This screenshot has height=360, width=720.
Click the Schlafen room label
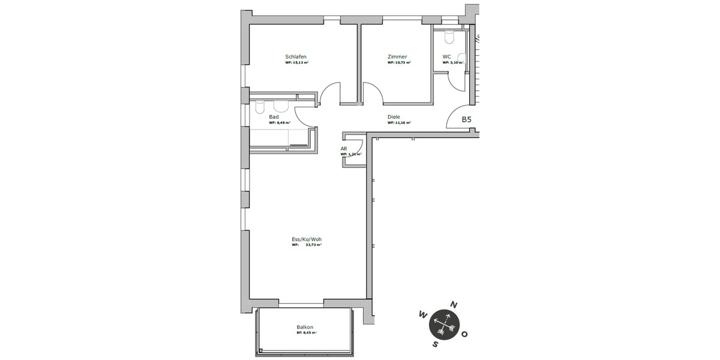pyautogui.click(x=296, y=57)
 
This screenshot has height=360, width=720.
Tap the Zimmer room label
pyautogui.click(x=397, y=57)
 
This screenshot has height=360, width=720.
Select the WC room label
pyautogui.click(x=446, y=57)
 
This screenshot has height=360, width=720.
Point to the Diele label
pyautogui.click(x=394, y=117)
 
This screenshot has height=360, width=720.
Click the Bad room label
pyautogui.click(x=274, y=117)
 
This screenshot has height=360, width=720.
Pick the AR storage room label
pyautogui.click(x=344, y=148)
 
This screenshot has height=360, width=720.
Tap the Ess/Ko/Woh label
pyautogui.click(x=307, y=239)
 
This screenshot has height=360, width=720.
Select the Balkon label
pyautogui.click(x=305, y=327)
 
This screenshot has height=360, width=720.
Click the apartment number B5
pyautogui.click(x=466, y=119)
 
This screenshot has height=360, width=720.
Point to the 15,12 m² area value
pyautogui.click(x=300, y=62)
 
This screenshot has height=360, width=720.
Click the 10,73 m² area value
pyautogui.click(x=401, y=62)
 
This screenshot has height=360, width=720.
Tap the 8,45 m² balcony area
pyautogui.click(x=310, y=332)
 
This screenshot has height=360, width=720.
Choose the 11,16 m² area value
pyautogui.click(x=401, y=122)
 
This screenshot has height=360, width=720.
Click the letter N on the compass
pyautogui.click(x=454, y=305)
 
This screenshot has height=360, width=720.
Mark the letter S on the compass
pyautogui.click(x=436, y=344)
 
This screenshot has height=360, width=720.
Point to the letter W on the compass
pyautogui.click(x=423, y=314)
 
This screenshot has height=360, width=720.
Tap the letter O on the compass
pyautogui.click(x=466, y=334)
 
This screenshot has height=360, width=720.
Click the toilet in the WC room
pyautogui.click(x=448, y=37)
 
